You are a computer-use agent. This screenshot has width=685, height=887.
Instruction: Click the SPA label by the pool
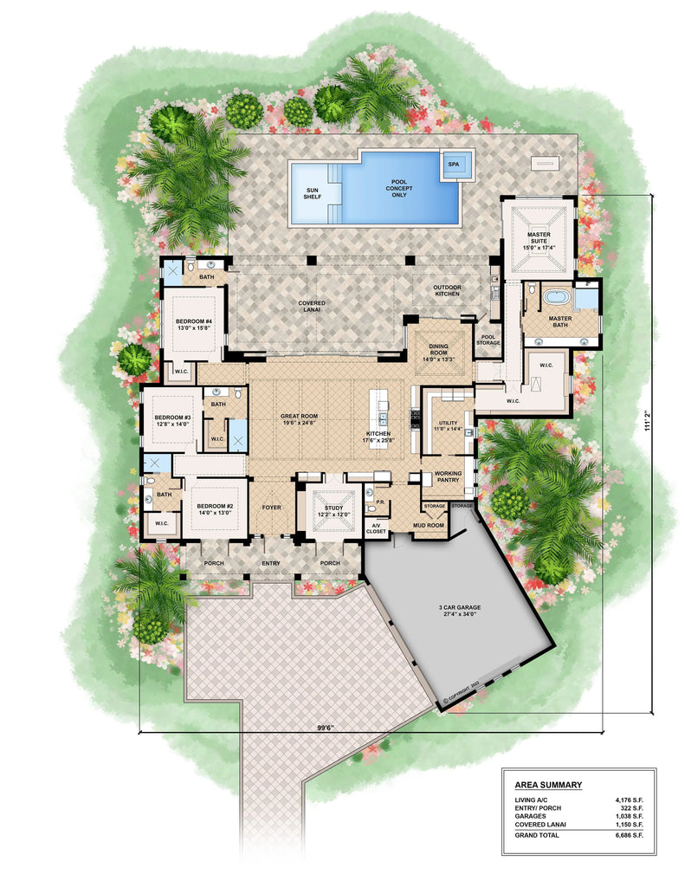tap(453, 164)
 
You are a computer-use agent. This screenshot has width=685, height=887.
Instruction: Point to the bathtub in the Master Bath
tap(555, 301)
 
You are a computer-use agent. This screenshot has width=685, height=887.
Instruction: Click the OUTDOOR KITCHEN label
tap(447, 291)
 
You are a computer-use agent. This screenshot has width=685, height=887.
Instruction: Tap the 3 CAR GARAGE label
tap(458, 611)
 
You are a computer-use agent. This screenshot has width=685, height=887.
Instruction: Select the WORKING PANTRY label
tap(447, 476)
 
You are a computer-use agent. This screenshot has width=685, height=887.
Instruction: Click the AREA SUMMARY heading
tap(542, 786)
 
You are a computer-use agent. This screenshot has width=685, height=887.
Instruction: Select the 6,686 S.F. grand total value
tap(629, 835)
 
